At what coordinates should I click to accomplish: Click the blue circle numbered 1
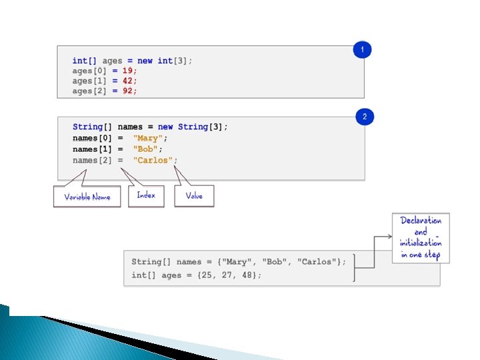(x=362, y=50)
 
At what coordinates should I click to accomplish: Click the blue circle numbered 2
(x=365, y=117)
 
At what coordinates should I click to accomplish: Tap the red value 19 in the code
(x=129, y=70)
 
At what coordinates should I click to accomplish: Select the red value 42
(x=129, y=80)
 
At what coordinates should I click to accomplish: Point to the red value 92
(x=129, y=91)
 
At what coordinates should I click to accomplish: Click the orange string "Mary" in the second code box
(x=146, y=138)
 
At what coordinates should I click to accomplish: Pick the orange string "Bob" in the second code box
(x=146, y=149)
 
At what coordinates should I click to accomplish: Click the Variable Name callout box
(x=87, y=197)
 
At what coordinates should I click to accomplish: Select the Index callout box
(x=146, y=195)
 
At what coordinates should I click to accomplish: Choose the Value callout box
(x=194, y=196)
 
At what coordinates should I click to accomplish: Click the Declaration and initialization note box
(x=420, y=238)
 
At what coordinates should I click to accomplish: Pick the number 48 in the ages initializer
(x=248, y=275)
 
